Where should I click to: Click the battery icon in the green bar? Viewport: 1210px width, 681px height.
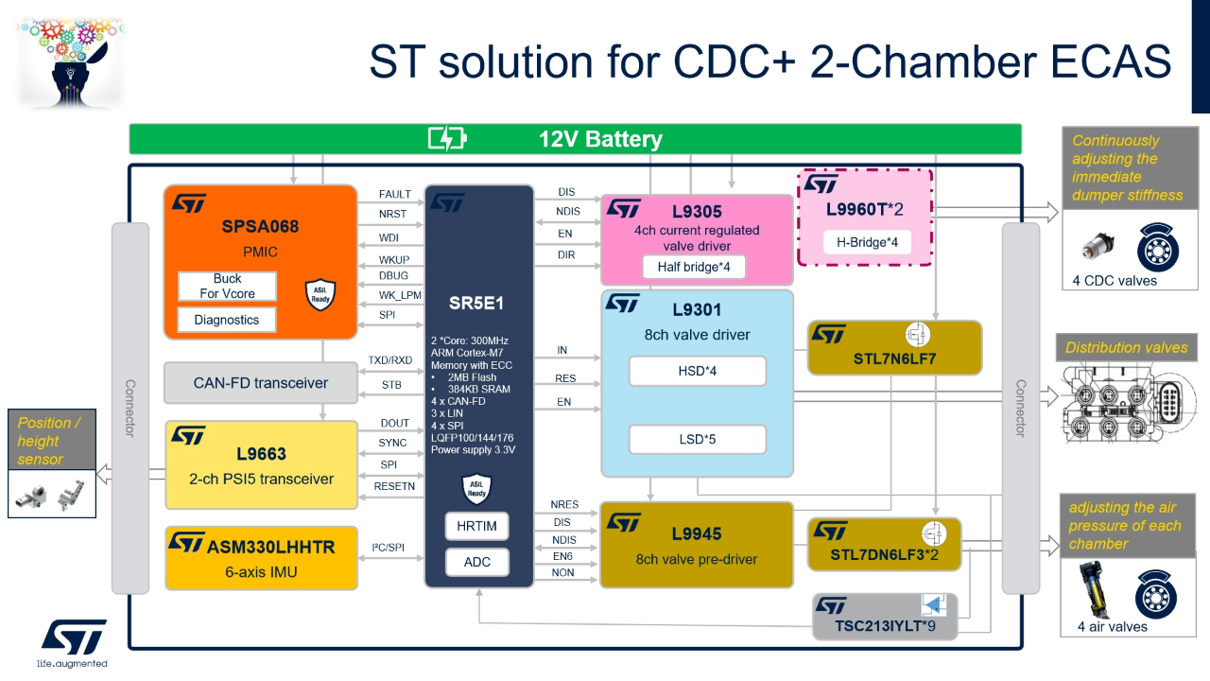(x=447, y=139)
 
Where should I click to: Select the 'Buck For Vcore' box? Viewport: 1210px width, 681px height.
(x=227, y=286)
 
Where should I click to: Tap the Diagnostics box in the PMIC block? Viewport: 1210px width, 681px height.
(x=227, y=320)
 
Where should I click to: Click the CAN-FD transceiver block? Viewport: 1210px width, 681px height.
(x=261, y=383)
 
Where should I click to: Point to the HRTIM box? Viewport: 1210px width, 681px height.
(x=476, y=526)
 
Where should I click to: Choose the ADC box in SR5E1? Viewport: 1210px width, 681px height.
(x=476, y=562)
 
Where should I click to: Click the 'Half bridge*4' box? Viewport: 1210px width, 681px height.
(x=694, y=267)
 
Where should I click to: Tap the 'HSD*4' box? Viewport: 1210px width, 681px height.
(x=698, y=371)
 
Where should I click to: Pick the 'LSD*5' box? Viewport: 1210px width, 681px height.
(x=698, y=439)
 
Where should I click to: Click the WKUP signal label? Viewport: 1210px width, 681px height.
(x=394, y=259)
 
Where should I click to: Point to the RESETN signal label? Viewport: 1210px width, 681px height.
(x=394, y=486)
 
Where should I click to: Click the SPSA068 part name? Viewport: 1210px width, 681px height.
(x=260, y=226)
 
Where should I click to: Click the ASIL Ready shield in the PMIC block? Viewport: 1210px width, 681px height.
(x=320, y=294)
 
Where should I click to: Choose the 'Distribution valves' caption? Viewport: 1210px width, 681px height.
(x=1126, y=347)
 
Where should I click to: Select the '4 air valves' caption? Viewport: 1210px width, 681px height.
(x=1112, y=626)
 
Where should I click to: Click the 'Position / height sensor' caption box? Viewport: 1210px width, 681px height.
(x=53, y=441)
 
